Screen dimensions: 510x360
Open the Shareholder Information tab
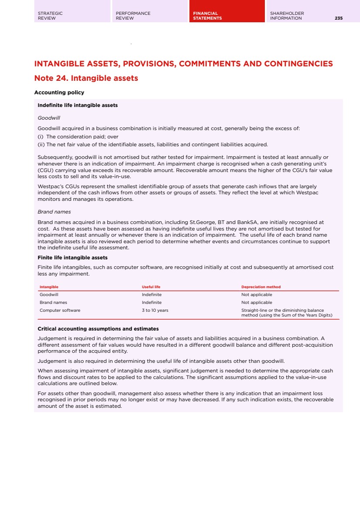point(287,16)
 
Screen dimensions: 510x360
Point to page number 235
point(339,18)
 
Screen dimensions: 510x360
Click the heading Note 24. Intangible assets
point(86,79)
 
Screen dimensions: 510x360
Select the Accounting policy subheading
point(59,93)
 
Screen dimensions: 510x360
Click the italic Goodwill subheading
point(49,118)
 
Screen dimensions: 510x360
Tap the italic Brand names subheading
point(54,212)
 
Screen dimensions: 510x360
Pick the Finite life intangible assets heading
point(72,258)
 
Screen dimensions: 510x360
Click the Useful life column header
point(151,287)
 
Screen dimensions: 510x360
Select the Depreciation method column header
point(261,287)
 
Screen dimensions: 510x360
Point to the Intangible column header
point(49,287)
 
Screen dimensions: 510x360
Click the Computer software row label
point(60,310)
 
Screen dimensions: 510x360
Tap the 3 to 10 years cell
point(155,310)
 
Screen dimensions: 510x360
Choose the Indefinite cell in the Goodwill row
point(151,295)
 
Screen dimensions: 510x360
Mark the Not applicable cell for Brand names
point(257,303)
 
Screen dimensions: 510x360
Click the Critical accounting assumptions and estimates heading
point(98,329)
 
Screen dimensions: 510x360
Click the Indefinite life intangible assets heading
point(78,105)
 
